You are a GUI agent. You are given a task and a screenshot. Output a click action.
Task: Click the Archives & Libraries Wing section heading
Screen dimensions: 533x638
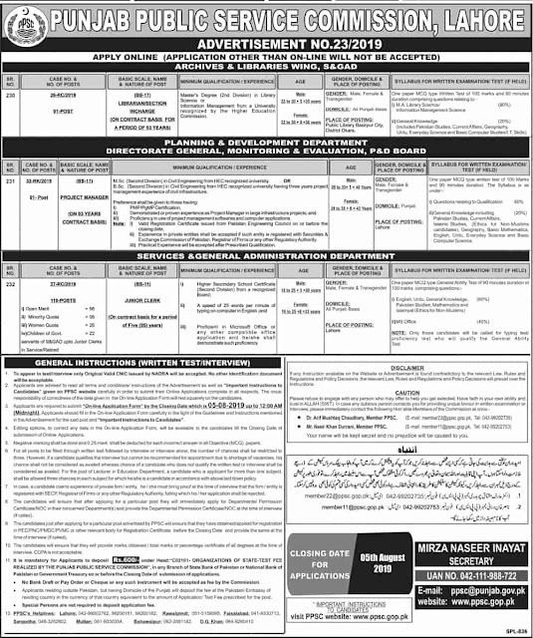tap(266, 68)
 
